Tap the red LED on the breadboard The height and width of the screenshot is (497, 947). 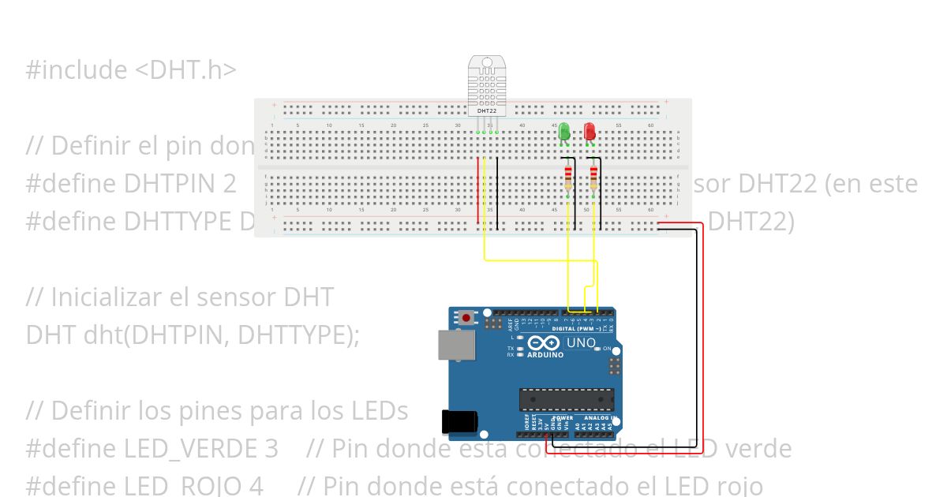(590, 132)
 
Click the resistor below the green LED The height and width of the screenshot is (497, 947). (567, 179)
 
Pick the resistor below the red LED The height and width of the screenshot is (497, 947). (593, 179)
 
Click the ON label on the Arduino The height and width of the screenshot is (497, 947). (606, 348)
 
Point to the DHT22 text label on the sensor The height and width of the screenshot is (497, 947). (487, 111)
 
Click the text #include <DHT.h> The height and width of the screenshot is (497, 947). (131, 69)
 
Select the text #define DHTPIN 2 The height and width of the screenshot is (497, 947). (131, 183)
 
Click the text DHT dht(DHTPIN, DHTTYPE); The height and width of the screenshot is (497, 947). (193, 334)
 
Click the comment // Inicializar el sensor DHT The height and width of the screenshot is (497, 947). (180, 297)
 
